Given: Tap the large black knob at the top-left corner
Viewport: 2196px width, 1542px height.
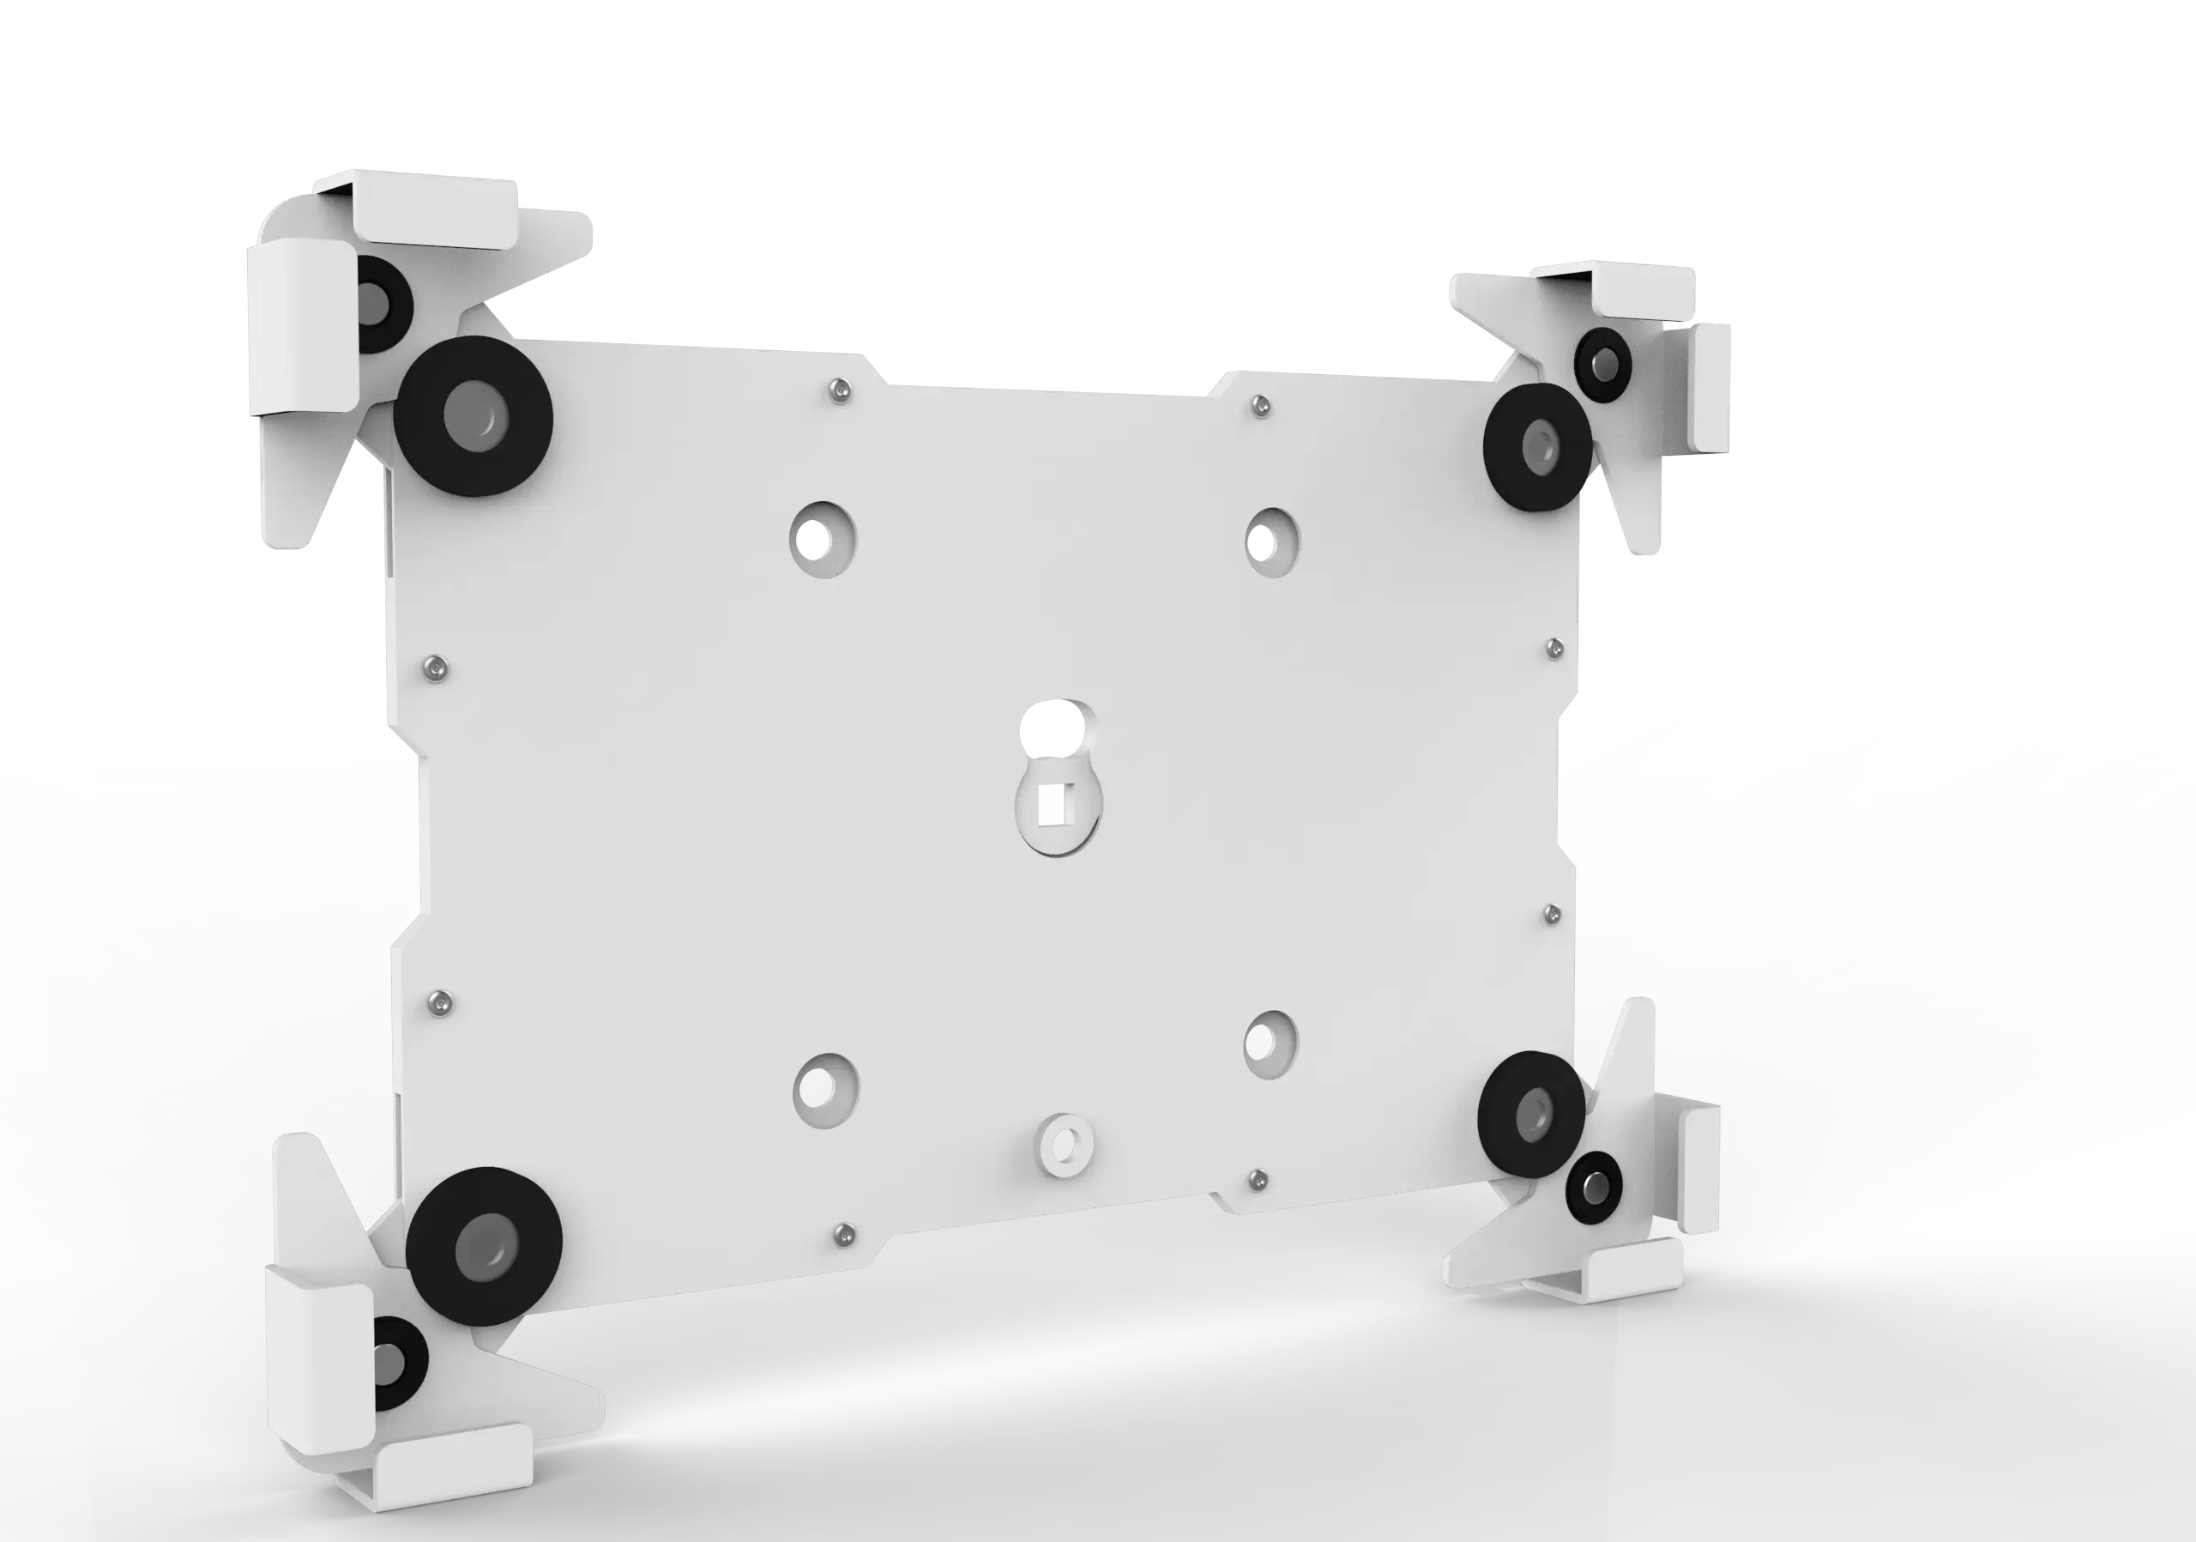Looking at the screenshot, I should coord(474,416).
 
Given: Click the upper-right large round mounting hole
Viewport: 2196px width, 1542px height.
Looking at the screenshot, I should coord(1272,541).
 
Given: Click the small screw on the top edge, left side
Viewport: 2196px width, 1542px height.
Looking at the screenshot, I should coord(840,390).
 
